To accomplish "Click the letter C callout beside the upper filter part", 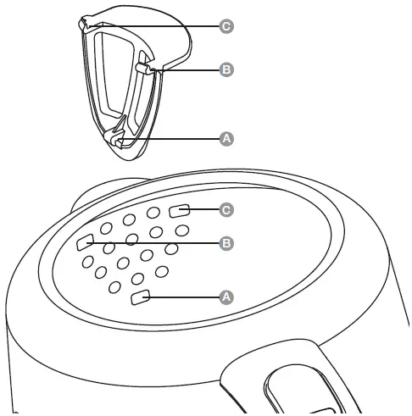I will (226, 27).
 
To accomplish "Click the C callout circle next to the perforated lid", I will (226, 208).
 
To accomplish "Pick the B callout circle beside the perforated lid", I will (226, 243).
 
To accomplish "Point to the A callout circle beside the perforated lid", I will (226, 297).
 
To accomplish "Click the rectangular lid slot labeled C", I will (181, 210).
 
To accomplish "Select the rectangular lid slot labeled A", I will (142, 297).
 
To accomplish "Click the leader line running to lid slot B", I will (153, 244).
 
